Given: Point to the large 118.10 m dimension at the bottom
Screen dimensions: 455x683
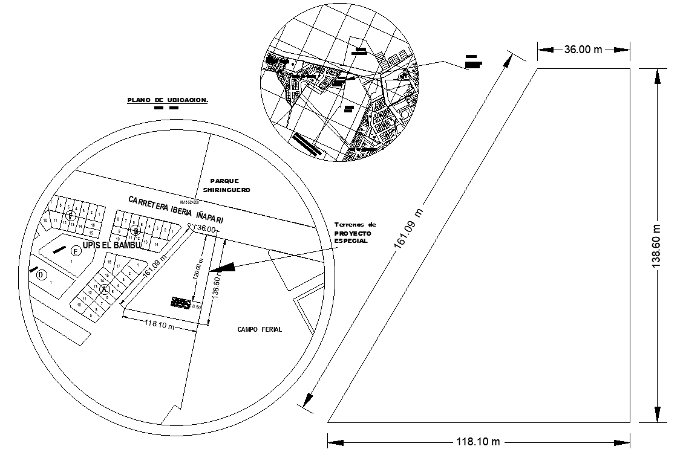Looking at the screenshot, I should click(x=478, y=442).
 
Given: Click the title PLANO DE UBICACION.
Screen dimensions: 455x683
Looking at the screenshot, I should click(x=167, y=100).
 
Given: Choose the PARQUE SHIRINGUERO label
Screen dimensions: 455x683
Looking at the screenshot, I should click(x=226, y=185).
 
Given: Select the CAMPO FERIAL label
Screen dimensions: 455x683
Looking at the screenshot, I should click(x=260, y=329).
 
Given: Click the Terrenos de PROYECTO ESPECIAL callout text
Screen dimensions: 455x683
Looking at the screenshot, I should click(x=355, y=233).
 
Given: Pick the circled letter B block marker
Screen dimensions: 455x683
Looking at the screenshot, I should click(x=137, y=230).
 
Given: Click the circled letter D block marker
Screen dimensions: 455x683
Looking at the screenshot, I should click(x=41, y=276).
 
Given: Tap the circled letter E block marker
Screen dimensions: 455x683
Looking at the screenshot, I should click(x=76, y=251).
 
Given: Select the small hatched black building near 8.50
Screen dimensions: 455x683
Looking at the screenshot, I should click(x=181, y=302).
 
